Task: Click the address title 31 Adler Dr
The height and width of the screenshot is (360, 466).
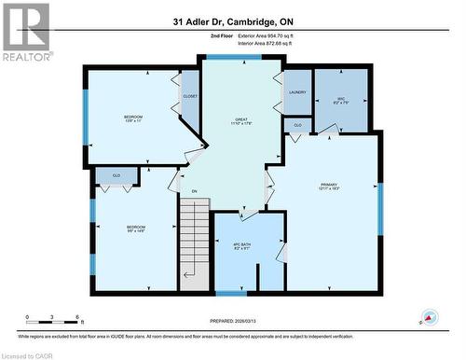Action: (232, 21)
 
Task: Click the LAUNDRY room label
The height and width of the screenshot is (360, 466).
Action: (297, 92)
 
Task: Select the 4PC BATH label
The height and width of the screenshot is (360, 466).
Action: (242, 248)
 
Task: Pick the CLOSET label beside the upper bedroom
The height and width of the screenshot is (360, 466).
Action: (189, 96)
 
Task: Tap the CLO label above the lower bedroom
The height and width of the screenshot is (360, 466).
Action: (116, 173)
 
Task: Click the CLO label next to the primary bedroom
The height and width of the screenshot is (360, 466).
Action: (297, 125)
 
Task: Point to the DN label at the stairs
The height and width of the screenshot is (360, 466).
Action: (195, 192)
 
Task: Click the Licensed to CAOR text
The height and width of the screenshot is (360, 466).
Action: (29, 354)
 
